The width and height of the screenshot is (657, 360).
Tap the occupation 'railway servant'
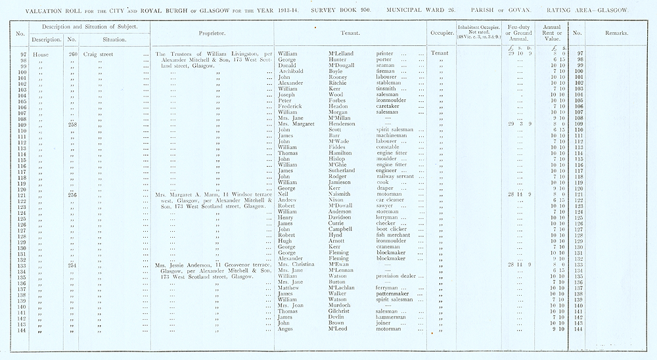tap(396, 175)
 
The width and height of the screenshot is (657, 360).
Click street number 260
tap(72, 53)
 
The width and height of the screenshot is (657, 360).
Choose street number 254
tap(72, 265)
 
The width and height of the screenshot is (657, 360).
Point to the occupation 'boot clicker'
tap(392, 229)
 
